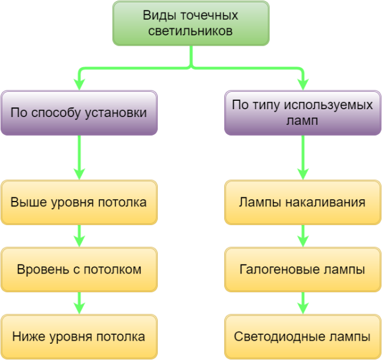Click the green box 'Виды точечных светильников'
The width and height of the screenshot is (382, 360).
point(191,23)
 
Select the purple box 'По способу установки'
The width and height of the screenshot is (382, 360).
point(79,113)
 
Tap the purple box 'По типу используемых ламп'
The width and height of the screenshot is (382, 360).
point(302,113)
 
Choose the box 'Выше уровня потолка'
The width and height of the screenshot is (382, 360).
point(79,202)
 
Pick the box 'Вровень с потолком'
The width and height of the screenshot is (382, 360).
point(79,269)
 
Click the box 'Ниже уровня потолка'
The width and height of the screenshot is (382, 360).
point(79,337)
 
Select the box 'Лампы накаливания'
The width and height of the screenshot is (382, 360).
point(302,202)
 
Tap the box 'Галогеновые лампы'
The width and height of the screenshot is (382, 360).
point(302,269)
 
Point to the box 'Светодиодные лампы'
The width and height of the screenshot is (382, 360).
point(302,337)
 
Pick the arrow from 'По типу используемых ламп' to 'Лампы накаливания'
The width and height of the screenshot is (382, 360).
point(303,157)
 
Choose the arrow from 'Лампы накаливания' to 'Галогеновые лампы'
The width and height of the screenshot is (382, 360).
point(303,236)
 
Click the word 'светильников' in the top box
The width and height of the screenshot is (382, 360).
point(191,31)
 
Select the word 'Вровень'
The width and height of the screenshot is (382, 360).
point(38,269)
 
